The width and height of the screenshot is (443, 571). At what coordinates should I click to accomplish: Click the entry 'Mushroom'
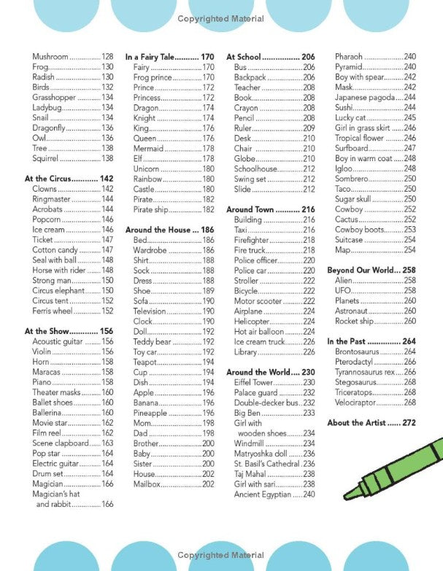[x=50, y=57]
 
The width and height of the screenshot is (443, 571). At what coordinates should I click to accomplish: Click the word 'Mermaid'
[x=149, y=148]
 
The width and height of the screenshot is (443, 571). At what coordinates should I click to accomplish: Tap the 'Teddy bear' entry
[x=152, y=341]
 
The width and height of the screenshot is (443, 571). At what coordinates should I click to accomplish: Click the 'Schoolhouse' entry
[x=256, y=168]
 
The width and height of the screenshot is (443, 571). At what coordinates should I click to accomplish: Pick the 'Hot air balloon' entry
[x=258, y=331]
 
